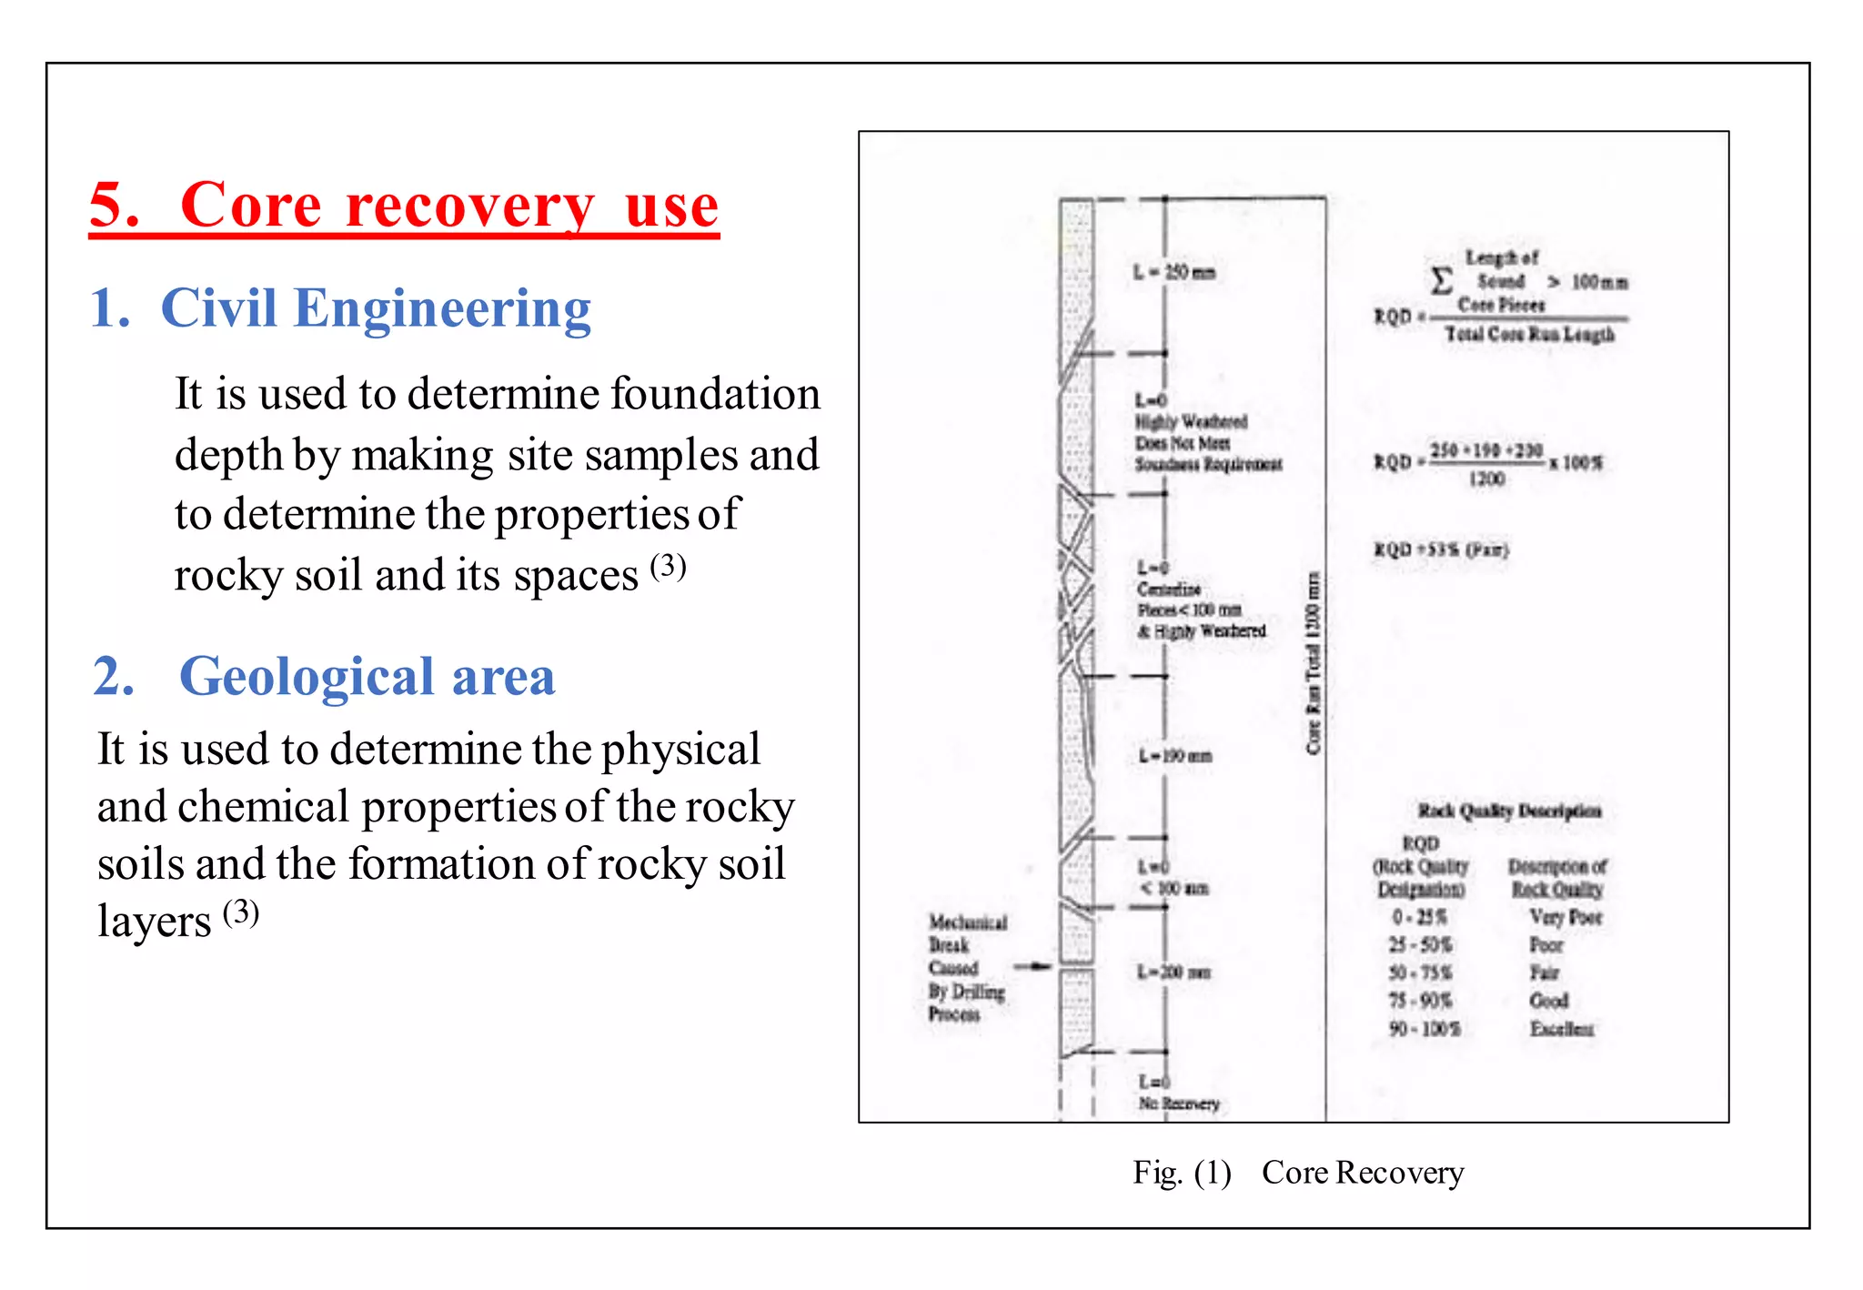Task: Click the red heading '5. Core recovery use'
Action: click(x=404, y=206)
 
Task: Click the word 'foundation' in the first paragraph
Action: click(x=714, y=394)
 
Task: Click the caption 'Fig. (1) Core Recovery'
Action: click(x=1297, y=1173)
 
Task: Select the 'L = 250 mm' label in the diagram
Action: click(x=1173, y=272)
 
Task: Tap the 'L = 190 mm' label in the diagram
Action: click(x=1175, y=756)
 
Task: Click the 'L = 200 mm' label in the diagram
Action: click(x=1173, y=972)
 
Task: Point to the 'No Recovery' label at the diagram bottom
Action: click(x=1179, y=1104)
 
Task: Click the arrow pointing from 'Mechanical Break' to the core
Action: click(x=1032, y=966)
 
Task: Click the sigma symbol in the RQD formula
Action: click(x=1441, y=279)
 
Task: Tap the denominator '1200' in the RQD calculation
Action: click(x=1486, y=479)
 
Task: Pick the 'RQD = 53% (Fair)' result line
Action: click(x=1440, y=549)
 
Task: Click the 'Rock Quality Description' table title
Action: click(x=1509, y=811)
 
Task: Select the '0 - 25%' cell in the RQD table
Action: click(x=1419, y=917)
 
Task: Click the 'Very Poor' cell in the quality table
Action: click(x=1566, y=917)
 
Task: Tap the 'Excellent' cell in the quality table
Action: click(x=1561, y=1029)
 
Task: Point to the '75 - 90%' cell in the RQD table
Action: click(x=1419, y=1001)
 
